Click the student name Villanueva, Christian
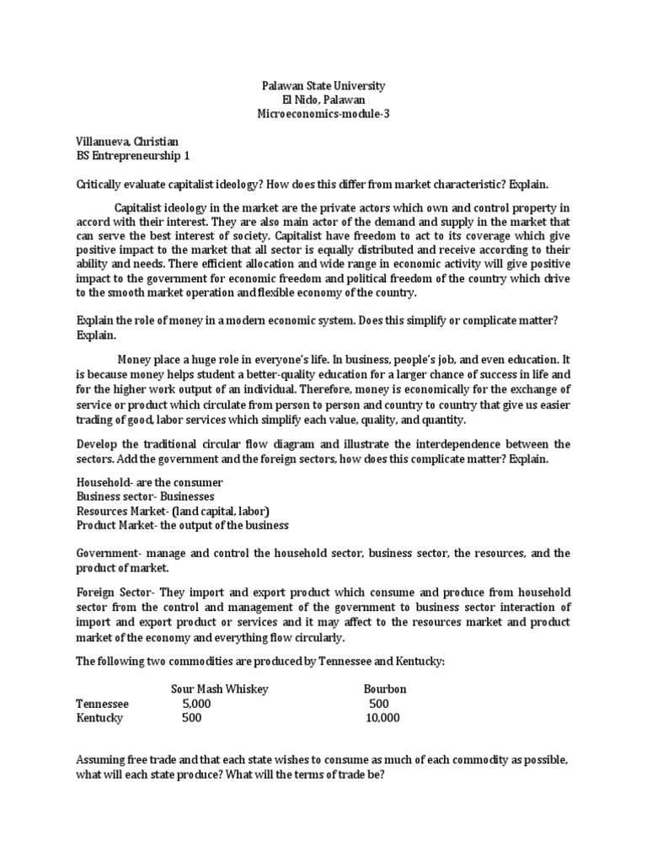point(127,143)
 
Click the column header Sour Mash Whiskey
point(220,689)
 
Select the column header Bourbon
point(385,689)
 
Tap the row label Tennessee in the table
point(103,704)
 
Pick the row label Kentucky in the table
point(99,718)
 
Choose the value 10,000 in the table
point(383,718)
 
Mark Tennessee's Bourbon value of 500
point(379,704)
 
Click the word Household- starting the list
point(104,482)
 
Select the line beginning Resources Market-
point(173,511)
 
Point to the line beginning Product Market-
point(182,525)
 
